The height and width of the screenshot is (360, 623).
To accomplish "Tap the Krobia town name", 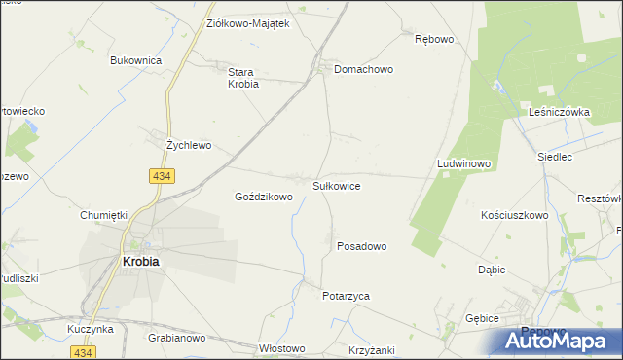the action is click(140, 261).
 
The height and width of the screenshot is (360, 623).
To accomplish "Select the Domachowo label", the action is click(363, 70).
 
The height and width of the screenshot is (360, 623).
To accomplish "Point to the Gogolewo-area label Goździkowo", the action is click(264, 197).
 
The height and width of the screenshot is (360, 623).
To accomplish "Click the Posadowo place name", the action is click(361, 246).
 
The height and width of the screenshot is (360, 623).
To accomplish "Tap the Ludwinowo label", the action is click(463, 164).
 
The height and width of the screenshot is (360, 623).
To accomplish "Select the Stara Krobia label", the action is click(242, 78).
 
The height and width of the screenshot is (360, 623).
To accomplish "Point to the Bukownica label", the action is click(135, 60).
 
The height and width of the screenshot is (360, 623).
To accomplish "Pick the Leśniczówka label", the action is click(560, 112).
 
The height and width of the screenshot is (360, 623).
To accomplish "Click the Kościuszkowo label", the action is click(515, 215).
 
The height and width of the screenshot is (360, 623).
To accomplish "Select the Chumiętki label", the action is click(105, 215).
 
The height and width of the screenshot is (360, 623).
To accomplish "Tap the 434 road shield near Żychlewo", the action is click(163, 176).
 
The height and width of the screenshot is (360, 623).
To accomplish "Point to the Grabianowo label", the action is click(176, 339).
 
